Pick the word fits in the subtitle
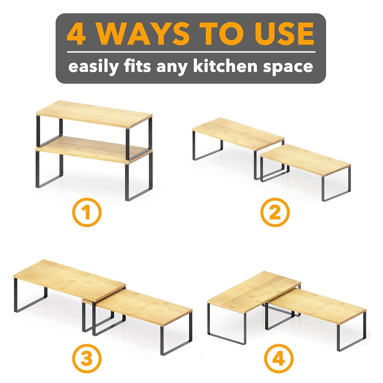click(138, 66)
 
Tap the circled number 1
click(87, 213)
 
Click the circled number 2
click(275, 213)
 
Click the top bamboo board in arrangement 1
click(94, 114)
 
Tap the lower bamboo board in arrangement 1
click(84, 148)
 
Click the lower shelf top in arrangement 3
click(146, 306)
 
